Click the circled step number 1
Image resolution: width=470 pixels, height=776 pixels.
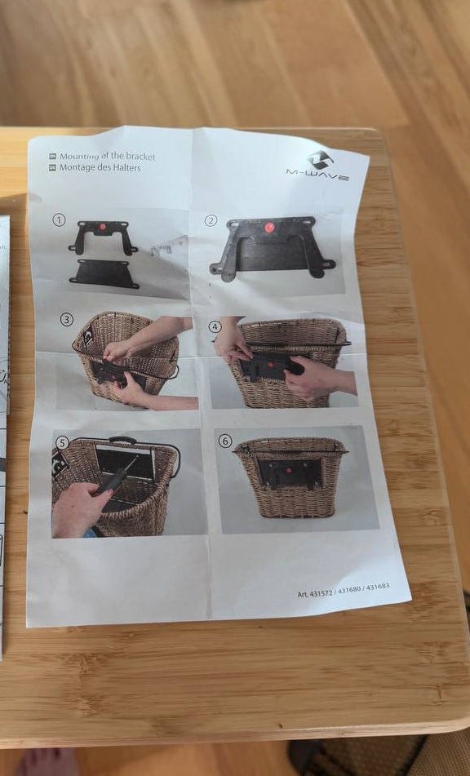tap(59, 219)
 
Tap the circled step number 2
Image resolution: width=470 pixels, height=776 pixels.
tap(211, 221)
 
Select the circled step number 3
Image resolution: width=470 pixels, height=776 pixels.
tap(67, 319)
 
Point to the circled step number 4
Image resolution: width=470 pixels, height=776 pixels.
tap(215, 326)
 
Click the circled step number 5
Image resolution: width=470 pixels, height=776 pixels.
tap(61, 443)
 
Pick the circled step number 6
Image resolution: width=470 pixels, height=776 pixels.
tap(225, 441)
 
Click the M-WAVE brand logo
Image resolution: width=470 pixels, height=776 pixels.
tap(318, 166)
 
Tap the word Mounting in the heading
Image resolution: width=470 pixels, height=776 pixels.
tap(79, 157)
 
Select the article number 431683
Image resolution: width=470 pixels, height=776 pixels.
tap(378, 587)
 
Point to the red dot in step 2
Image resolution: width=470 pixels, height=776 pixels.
tap(269, 228)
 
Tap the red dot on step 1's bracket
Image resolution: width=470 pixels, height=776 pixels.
tap(103, 227)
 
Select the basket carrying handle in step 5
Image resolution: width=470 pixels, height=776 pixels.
tap(122, 440)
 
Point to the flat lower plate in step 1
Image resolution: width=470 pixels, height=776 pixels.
tap(104, 273)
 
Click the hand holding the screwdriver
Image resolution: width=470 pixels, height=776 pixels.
tap(79, 510)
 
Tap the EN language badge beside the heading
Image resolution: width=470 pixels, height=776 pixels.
tap(52, 157)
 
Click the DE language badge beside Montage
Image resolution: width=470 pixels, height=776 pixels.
tap(52, 168)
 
